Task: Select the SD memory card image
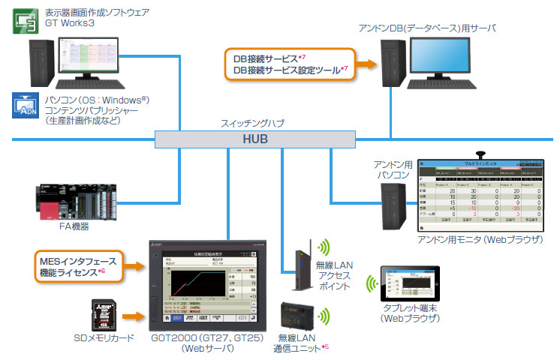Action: [x=101, y=315]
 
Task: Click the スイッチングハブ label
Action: [x=251, y=122]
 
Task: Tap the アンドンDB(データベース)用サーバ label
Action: [x=426, y=28]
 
